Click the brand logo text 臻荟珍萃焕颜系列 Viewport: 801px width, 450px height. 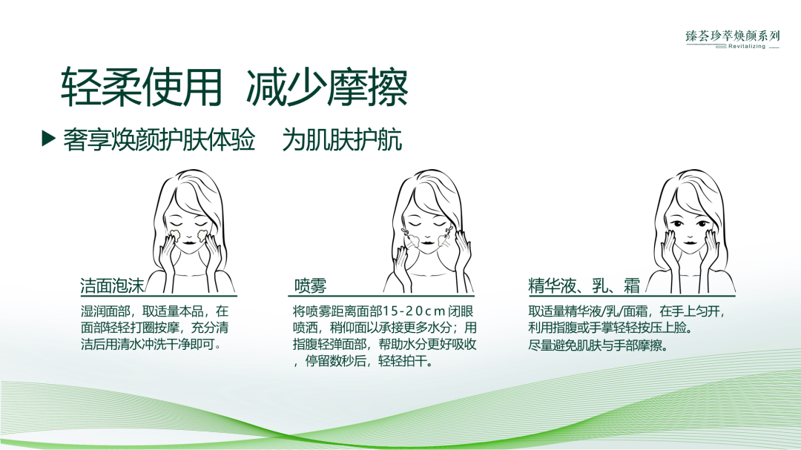click(x=733, y=35)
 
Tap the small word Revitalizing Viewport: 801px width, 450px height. click(x=746, y=46)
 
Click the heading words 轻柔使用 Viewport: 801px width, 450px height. click(x=142, y=88)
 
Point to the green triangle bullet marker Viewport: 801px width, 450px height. click(x=49, y=139)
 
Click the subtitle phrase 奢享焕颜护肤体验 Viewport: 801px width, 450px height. click(x=160, y=139)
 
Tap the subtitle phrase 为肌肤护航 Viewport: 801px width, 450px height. click(x=343, y=139)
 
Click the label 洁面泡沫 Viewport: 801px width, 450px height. click(x=113, y=286)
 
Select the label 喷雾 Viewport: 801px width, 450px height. click(x=310, y=286)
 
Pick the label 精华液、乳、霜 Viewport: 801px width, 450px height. click(x=584, y=286)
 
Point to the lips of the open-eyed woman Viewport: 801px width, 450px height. click(x=688, y=241)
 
